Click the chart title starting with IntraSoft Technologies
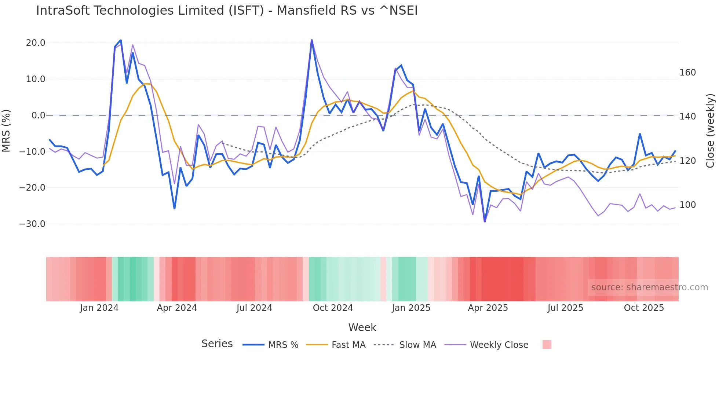click(227, 11)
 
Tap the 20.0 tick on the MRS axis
click(36, 43)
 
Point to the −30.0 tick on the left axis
click(32, 224)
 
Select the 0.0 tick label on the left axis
click(38, 115)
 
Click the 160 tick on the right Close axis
click(687, 73)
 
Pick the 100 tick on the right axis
click(687, 205)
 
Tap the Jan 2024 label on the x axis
click(99, 308)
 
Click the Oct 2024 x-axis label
click(333, 308)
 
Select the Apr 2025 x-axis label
click(488, 308)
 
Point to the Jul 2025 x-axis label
click(565, 308)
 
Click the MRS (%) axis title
click(6, 131)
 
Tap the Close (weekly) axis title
click(710, 131)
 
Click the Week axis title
click(362, 327)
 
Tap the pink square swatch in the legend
click(547, 345)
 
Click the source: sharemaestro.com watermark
click(649, 287)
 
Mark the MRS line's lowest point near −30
click(485, 221)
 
